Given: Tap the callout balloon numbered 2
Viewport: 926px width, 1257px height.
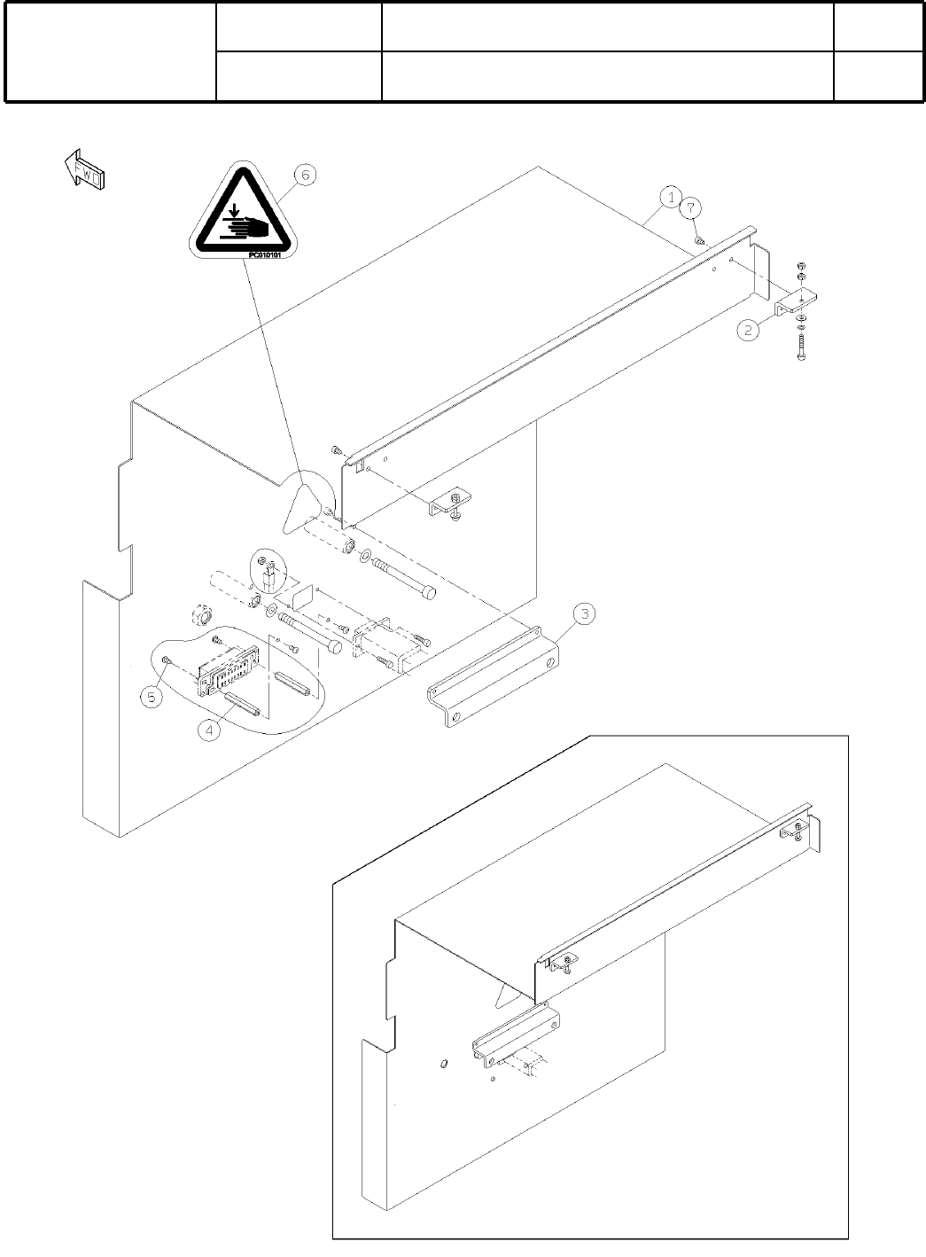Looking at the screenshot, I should click(x=749, y=331).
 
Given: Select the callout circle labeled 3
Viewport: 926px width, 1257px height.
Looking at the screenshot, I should click(x=583, y=613).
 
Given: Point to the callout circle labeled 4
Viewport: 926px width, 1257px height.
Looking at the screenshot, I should click(x=209, y=731).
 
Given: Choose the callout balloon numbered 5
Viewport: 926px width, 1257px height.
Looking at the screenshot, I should click(x=152, y=697).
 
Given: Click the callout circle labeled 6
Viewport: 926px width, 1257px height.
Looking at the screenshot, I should click(x=303, y=176).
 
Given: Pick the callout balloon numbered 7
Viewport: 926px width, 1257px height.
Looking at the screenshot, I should click(x=691, y=207).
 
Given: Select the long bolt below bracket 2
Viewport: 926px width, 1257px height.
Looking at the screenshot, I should click(x=801, y=345).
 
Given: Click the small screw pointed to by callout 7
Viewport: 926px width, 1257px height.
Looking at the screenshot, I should click(x=699, y=239).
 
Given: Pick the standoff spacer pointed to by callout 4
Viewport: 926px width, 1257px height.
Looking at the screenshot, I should click(x=242, y=706).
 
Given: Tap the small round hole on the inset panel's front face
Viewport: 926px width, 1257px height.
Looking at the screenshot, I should click(x=444, y=1064).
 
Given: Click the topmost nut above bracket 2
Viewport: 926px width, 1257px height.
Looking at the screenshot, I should click(x=801, y=266).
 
